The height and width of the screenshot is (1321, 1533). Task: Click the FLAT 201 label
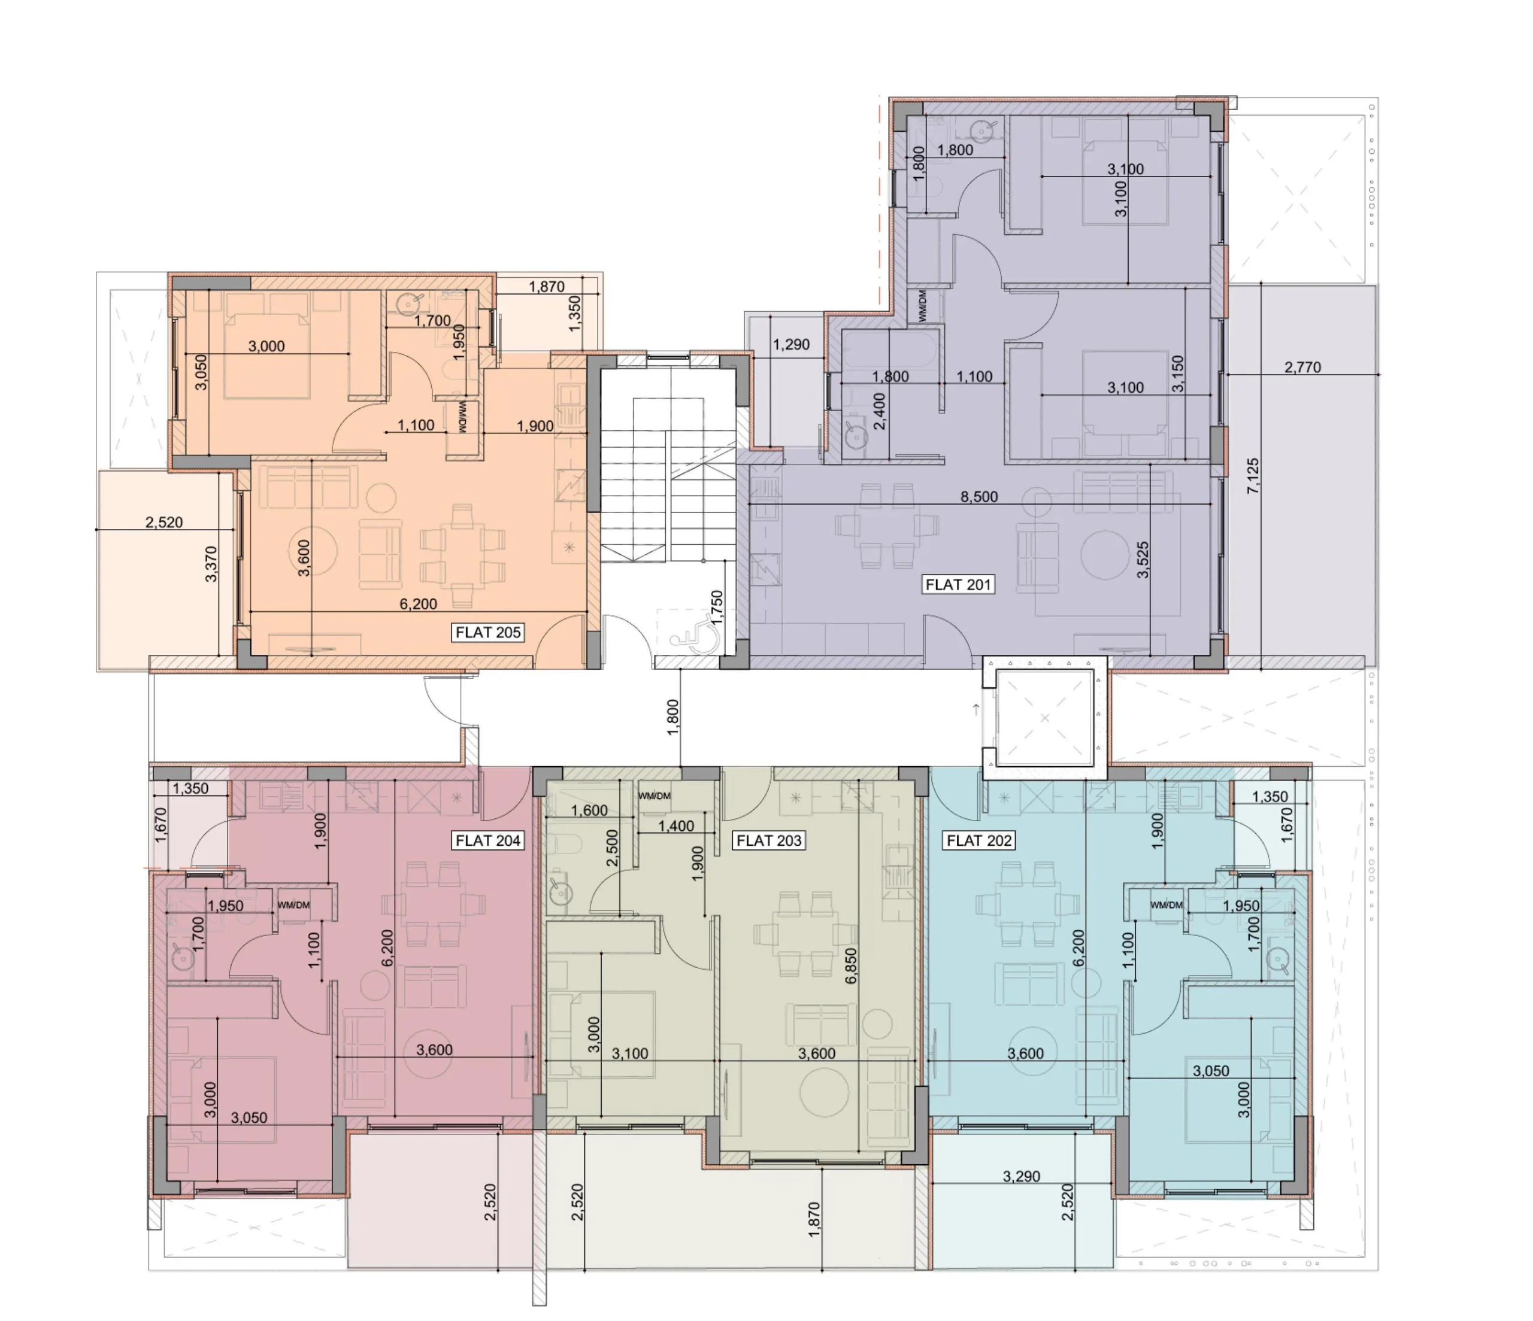(x=958, y=584)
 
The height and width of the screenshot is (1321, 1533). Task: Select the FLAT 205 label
(x=488, y=633)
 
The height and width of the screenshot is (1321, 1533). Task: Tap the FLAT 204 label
(x=488, y=840)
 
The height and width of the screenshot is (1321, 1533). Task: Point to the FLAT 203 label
(x=769, y=840)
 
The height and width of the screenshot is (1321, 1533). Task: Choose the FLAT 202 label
(x=979, y=840)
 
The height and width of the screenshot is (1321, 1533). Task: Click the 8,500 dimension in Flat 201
(x=979, y=497)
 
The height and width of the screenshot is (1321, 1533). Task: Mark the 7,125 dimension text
(x=1253, y=476)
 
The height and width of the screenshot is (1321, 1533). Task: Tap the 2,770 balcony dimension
(x=1302, y=367)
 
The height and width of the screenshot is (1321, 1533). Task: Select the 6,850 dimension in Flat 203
(x=851, y=965)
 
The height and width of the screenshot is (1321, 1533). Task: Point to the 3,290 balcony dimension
(x=1021, y=1176)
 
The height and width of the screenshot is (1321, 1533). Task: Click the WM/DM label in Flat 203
(x=654, y=796)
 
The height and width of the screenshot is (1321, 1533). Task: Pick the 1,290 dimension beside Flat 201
(x=791, y=345)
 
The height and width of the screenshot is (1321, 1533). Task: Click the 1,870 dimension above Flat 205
(x=547, y=286)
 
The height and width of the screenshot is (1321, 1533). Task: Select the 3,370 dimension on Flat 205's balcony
(x=211, y=564)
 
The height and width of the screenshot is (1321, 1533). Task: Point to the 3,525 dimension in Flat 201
(x=1143, y=560)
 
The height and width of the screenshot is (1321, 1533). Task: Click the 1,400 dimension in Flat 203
(x=676, y=826)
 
